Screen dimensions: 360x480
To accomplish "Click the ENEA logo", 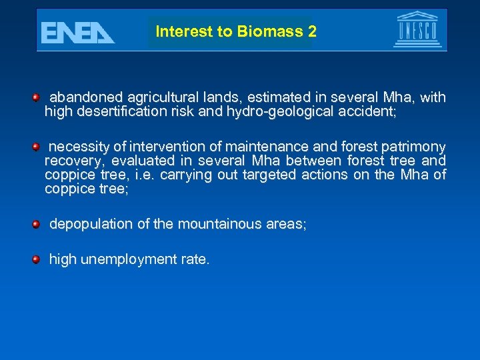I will [x=77, y=32].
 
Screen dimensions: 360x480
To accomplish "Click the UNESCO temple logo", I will [x=418, y=29].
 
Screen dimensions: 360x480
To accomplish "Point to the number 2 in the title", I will [x=313, y=31].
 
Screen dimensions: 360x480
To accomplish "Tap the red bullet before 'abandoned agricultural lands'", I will [x=37, y=98].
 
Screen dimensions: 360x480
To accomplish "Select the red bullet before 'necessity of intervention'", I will [x=37, y=146].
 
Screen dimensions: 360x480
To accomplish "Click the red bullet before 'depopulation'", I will [x=37, y=224].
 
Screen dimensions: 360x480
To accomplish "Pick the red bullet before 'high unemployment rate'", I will [x=37, y=259].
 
